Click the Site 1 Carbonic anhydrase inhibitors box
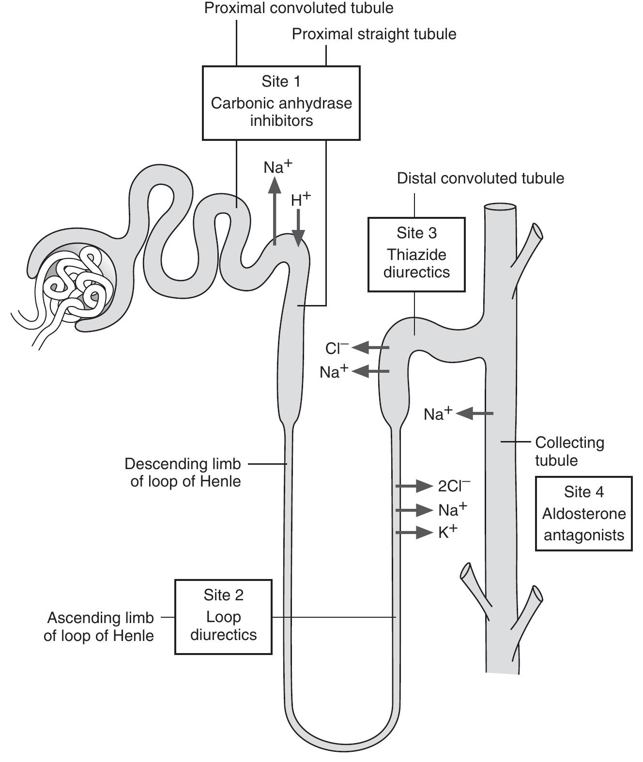[x=281, y=103]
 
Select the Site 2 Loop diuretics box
[x=223, y=617]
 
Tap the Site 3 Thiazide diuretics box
[x=416, y=255]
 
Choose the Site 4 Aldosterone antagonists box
[x=583, y=514]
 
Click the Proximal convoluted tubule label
[x=299, y=8]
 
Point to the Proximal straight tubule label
[x=374, y=34]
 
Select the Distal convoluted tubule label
[x=480, y=178]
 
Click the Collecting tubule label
[x=569, y=451]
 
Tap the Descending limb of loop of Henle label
[x=183, y=472]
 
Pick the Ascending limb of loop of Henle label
[x=99, y=626]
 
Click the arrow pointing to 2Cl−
[x=414, y=486]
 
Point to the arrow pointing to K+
[x=414, y=533]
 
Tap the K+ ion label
[x=447, y=532]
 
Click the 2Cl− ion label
[x=454, y=486]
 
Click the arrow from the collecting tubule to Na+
[x=475, y=413]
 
